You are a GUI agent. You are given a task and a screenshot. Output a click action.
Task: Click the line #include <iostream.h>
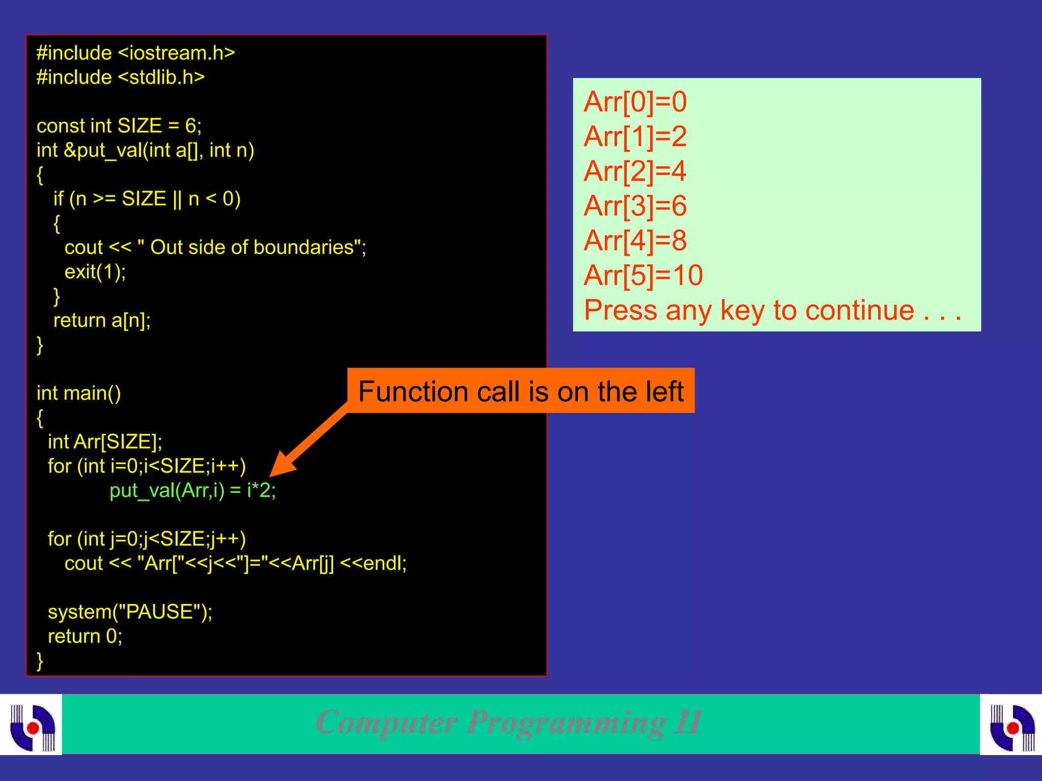point(135,53)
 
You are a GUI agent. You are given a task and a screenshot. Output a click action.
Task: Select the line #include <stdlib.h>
point(121,77)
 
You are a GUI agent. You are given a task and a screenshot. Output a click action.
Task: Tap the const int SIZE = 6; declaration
point(119,126)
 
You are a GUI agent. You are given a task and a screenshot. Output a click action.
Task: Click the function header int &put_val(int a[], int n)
point(146,150)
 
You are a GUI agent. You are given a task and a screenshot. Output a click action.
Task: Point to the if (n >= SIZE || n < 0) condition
point(147,199)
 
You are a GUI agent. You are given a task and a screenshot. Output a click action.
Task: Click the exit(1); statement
point(95,272)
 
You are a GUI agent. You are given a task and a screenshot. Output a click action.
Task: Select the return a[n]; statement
point(102,320)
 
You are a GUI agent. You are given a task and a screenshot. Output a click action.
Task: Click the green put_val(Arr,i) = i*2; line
point(192,490)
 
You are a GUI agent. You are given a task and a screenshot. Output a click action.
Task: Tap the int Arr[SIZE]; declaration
point(105,441)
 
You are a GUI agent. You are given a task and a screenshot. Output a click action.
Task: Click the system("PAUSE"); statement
point(130,612)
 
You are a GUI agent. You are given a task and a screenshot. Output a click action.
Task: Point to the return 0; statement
point(85,636)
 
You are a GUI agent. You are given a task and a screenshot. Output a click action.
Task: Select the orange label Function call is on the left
point(520,391)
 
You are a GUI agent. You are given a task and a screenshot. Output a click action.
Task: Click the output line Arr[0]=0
point(635,102)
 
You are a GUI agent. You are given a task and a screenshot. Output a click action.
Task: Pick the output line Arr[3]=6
point(635,206)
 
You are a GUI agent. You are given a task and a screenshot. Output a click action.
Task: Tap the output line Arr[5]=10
point(643,275)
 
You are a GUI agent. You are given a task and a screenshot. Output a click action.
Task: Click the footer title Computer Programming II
point(509,722)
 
